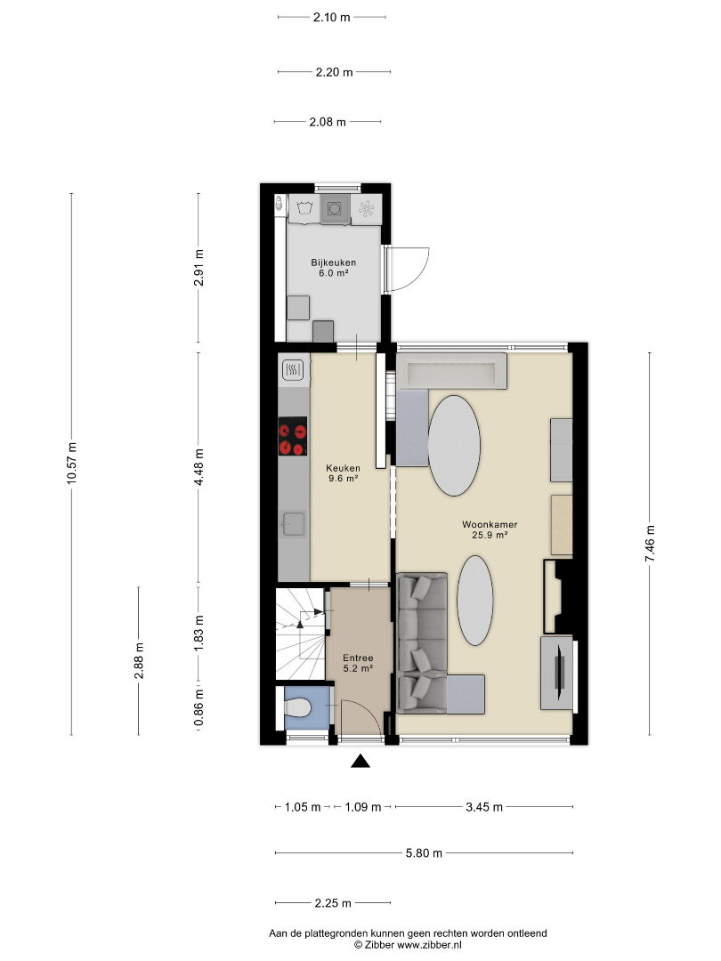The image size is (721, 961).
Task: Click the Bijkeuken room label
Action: point(333,268)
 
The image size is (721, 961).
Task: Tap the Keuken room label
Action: point(343,473)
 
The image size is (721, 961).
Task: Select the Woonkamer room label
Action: point(490,529)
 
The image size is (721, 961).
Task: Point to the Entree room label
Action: point(358,663)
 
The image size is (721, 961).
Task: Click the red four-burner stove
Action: point(293,436)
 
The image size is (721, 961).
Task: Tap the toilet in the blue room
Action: point(298,708)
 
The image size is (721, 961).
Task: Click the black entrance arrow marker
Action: point(360,761)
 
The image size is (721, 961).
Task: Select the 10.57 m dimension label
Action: point(72,464)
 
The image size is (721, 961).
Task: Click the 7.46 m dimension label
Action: point(650,544)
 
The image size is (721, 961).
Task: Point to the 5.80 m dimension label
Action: point(424,852)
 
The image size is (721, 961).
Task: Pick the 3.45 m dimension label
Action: point(484,806)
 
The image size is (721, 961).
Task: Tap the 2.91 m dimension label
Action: point(198,268)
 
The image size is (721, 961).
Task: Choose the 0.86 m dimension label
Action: point(198,708)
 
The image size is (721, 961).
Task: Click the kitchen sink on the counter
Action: point(293,523)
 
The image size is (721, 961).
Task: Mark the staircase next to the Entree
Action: point(300,634)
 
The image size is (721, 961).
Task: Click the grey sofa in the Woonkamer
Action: point(423,643)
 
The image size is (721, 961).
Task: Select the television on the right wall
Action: point(558,673)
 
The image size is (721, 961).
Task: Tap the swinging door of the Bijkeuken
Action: point(408,269)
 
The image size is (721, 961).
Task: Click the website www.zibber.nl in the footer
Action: point(429,944)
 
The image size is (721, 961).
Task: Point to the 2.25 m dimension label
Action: point(333,903)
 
